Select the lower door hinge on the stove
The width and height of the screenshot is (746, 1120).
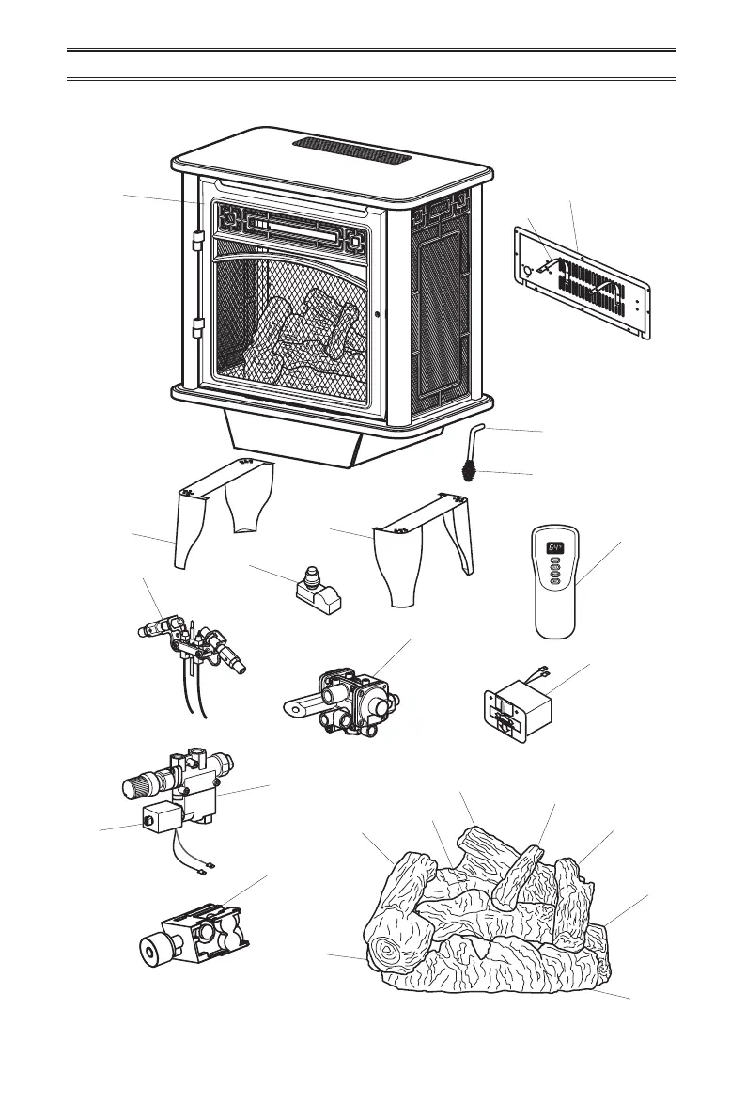pyautogui.click(x=197, y=329)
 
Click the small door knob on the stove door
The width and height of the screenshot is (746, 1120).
pyautogui.click(x=376, y=315)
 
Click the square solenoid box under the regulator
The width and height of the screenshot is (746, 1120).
pyautogui.click(x=156, y=822)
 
